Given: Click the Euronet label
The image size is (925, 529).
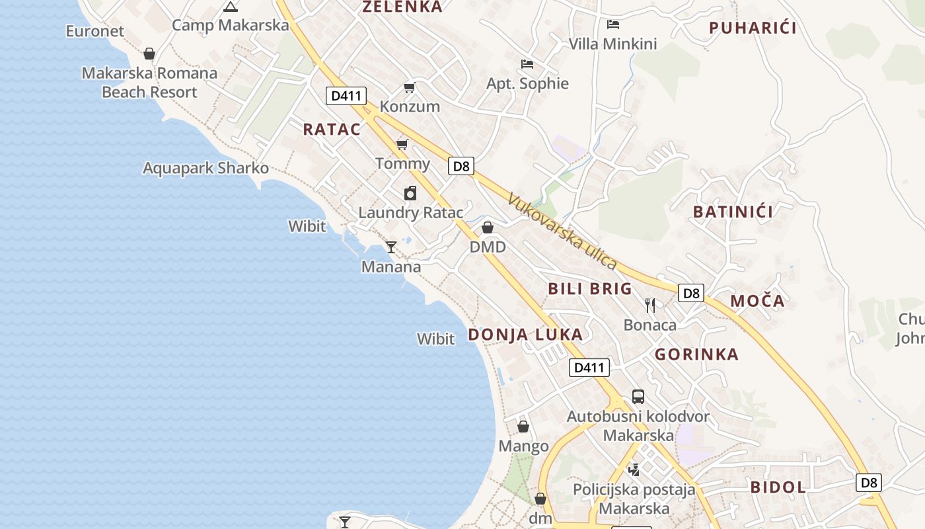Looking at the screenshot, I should point(95,31).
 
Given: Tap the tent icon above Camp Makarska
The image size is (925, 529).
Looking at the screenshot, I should point(230,7).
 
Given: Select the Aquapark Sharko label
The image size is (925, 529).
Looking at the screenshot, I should point(205,168).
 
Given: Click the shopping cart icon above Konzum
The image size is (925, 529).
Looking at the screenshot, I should point(410,87).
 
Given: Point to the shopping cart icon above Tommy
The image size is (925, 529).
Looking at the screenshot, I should point(402,144).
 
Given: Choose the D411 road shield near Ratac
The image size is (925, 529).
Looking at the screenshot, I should point(346,96).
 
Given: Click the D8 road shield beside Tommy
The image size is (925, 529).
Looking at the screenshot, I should point(461,166).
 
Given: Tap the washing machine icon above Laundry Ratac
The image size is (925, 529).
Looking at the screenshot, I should point(410,193).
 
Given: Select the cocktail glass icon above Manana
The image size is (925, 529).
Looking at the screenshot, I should point(391,247).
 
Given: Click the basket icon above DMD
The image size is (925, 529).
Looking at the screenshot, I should point(488,227).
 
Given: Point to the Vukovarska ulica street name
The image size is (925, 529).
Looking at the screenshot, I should point(562,231).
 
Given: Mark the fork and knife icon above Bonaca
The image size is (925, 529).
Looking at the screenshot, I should point(650,305).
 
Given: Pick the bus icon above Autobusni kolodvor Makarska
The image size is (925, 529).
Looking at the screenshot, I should point(638,397).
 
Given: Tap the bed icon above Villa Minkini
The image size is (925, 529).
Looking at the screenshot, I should point(613,24).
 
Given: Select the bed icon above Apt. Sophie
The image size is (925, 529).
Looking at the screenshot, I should point(527,64).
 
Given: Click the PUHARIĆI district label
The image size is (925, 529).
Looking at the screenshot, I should point(753,28).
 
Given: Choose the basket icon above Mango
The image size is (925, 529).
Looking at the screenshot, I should point(523,427).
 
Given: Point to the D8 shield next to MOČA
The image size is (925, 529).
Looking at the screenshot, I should point(691,293).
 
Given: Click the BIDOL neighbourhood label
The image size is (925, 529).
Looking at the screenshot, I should point(778,488).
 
